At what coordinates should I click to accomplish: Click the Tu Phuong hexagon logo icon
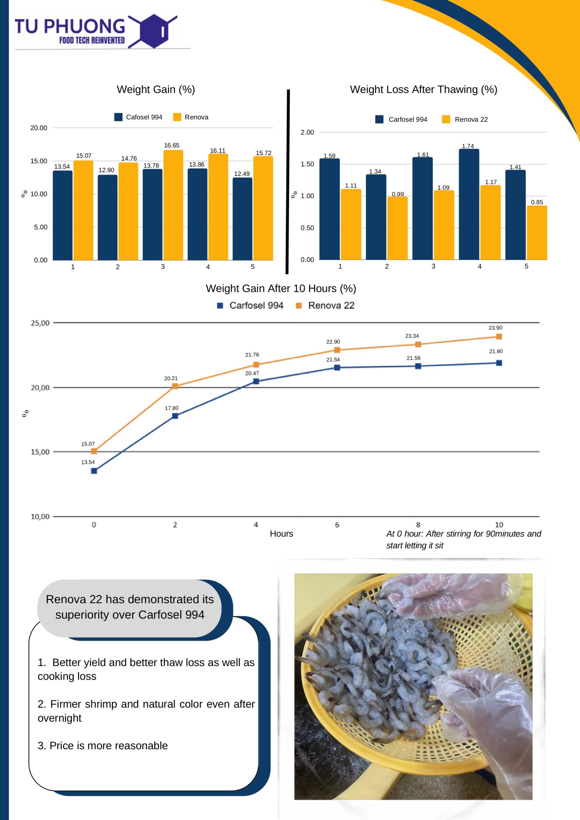[152, 31]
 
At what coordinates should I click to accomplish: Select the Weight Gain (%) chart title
[156, 89]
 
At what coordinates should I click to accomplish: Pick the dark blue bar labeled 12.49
[242, 218]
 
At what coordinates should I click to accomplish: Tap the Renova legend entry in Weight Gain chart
[191, 117]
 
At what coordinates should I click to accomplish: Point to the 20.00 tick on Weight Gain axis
[38, 128]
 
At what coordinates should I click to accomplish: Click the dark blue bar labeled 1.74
[469, 204]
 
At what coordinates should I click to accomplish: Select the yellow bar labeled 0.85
[537, 233]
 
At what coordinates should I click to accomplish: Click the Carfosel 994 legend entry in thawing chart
[401, 119]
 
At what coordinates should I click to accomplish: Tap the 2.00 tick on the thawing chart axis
[307, 133]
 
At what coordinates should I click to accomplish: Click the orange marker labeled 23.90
[499, 336]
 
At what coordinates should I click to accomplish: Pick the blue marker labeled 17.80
[175, 416]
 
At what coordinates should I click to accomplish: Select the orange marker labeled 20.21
[175, 386]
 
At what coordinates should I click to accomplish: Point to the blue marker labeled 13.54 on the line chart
[94, 471]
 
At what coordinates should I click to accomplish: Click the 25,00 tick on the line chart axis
[40, 323]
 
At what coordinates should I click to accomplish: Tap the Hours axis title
[281, 534]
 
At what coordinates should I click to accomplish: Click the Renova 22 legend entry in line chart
[325, 305]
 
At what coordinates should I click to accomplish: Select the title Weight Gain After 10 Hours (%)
[281, 289]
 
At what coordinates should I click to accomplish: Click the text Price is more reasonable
[103, 746]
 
